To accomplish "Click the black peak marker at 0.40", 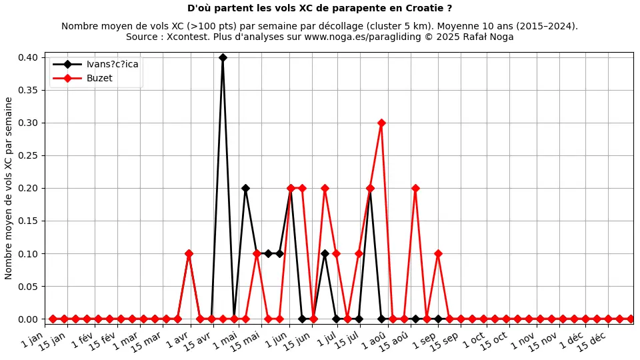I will [x=223, y=57].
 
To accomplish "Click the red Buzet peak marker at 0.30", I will [x=381, y=123].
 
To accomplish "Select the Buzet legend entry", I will [x=99, y=78].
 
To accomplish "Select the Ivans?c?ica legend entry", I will [x=112, y=64].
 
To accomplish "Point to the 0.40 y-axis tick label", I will [x=27, y=57].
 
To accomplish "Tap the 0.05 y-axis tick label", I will [x=27, y=286].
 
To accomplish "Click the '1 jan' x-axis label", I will [x=33, y=340].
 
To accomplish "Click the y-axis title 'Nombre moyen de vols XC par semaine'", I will [x=9, y=188].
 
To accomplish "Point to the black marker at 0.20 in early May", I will [x=245, y=188].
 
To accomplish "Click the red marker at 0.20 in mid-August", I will [x=415, y=188].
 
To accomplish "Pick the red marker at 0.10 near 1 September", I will [x=438, y=253].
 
